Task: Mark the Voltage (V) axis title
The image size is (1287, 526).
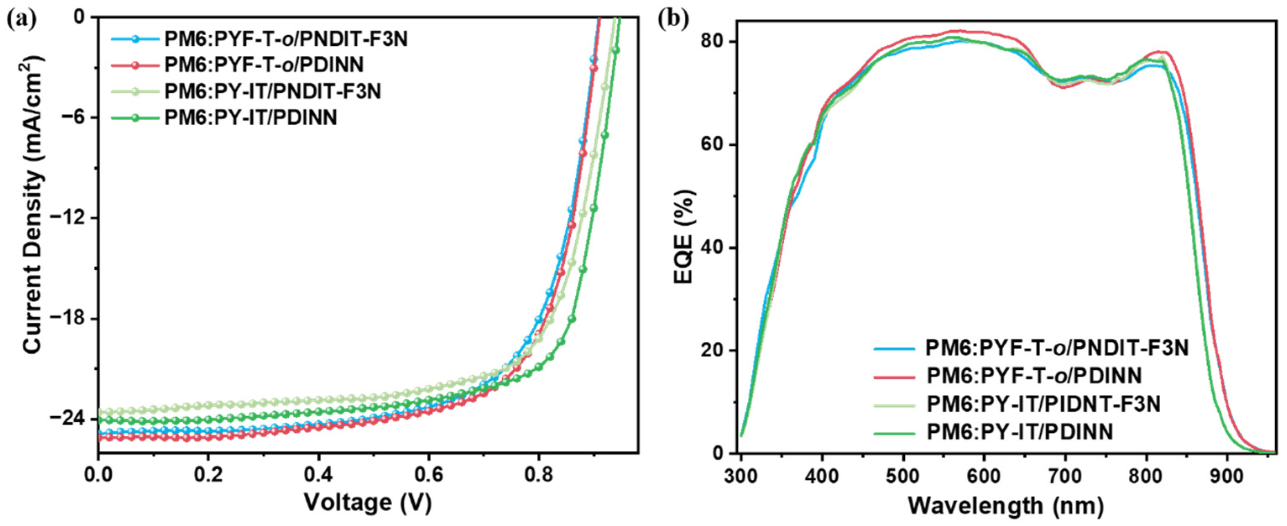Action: pyautogui.click(x=368, y=503)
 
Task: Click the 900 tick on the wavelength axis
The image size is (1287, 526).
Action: pyautogui.click(x=1227, y=476)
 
